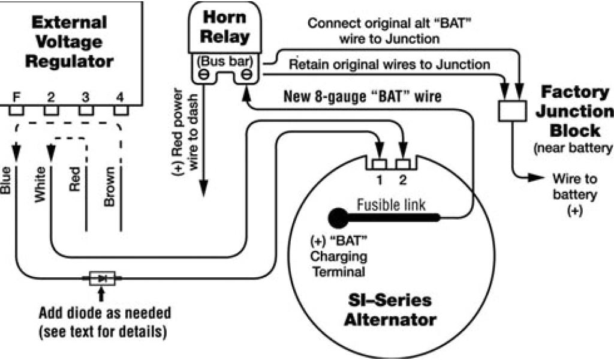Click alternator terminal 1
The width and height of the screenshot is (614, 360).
pos(379,164)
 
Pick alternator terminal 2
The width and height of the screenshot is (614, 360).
pos(403,164)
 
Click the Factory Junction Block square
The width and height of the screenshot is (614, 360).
pos(511,112)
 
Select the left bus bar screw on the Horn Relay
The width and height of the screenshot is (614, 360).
pos(203,76)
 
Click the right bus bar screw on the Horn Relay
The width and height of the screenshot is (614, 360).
pos(246,76)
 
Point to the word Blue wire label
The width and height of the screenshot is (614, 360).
pos(7,180)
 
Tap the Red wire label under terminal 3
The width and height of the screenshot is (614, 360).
pos(75,178)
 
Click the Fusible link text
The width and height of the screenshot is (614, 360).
pos(391,205)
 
